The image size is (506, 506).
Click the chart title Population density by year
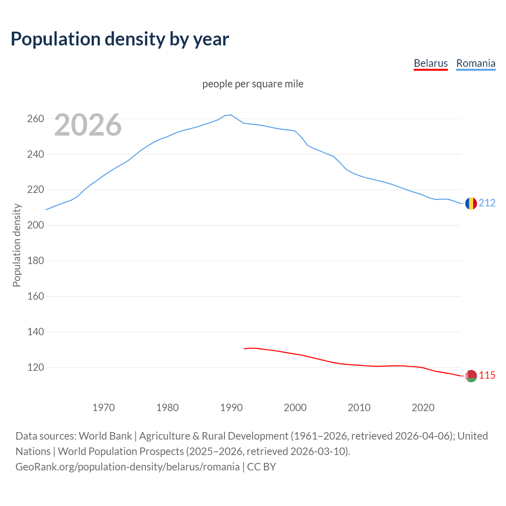(x=120, y=39)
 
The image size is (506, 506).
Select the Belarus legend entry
(x=430, y=63)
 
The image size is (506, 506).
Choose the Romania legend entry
(x=476, y=63)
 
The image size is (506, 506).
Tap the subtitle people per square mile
(x=253, y=84)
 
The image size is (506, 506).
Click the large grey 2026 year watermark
(x=88, y=125)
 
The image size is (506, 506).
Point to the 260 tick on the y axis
(x=36, y=119)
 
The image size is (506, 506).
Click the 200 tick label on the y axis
(x=36, y=225)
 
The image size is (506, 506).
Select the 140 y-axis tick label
(x=36, y=332)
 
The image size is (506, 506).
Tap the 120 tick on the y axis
(x=36, y=367)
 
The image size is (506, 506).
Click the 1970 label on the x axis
(x=104, y=407)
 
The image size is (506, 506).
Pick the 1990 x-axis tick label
(x=231, y=407)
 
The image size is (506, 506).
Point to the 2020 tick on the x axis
(x=423, y=407)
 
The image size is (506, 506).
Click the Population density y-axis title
(x=17, y=245)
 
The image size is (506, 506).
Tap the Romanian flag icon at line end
(x=471, y=203)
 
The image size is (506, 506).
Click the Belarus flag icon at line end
(x=471, y=376)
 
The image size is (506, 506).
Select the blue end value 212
(x=487, y=203)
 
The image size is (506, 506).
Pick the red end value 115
(x=487, y=375)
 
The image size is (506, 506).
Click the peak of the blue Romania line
(x=231, y=115)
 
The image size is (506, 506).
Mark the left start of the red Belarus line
(x=244, y=349)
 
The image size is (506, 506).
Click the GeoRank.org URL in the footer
(x=127, y=466)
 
